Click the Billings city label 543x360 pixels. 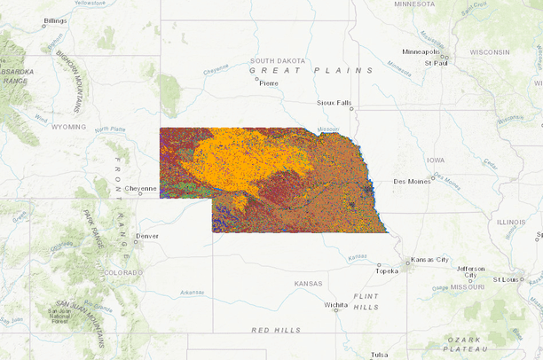(x=55, y=20)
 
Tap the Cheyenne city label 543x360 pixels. (x=140, y=188)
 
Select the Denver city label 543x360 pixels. (x=148, y=236)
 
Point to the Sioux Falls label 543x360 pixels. (x=334, y=103)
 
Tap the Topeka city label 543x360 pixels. (x=387, y=271)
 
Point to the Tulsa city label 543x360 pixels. (x=380, y=355)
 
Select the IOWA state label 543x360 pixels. (x=435, y=160)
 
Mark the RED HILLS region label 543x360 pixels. (x=276, y=330)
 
